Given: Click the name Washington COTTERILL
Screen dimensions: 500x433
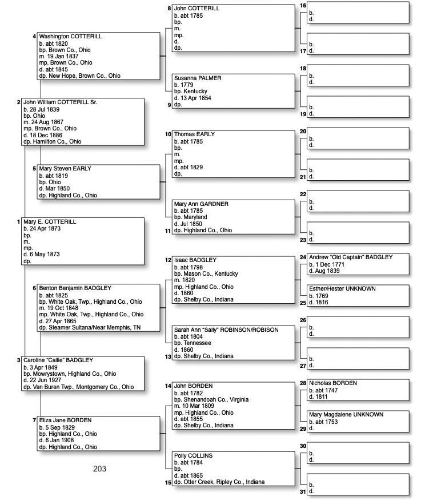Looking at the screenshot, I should [x=70, y=37].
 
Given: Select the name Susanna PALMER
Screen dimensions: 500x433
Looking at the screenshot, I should [x=198, y=78].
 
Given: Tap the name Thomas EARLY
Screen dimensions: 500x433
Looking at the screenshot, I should [x=194, y=134].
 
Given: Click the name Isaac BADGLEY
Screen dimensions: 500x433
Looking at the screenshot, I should [x=195, y=260].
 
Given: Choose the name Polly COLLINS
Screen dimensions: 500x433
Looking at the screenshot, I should [x=193, y=456].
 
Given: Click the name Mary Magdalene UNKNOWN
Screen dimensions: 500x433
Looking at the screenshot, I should [x=346, y=414].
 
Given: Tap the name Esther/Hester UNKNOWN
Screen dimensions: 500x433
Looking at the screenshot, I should [x=342, y=289].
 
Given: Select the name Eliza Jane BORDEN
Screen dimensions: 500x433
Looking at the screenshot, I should [x=65, y=420].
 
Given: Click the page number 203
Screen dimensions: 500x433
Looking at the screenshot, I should [x=99, y=469].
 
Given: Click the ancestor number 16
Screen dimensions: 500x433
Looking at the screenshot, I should [x=303, y=6].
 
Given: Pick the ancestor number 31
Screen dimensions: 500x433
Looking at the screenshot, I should [x=303, y=491].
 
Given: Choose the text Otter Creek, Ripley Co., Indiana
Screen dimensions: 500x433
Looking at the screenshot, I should [x=223, y=482].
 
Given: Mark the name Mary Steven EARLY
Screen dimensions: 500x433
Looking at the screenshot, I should [x=65, y=169].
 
